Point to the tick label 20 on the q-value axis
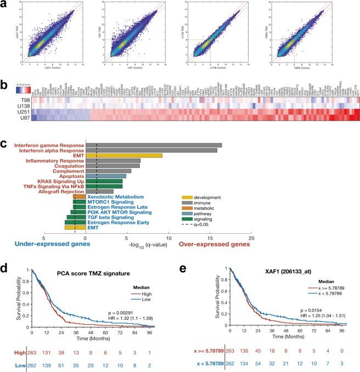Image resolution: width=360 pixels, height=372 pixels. (x=251, y=239)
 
